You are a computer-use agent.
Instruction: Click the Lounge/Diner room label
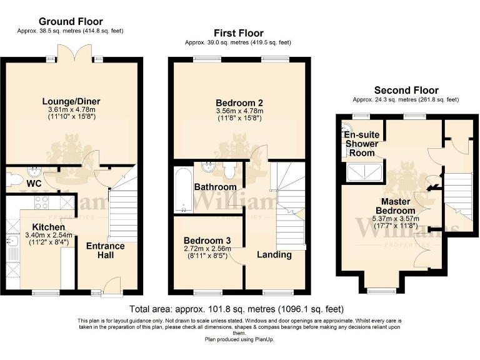(x=71, y=101)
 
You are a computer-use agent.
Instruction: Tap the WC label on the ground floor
(x=32, y=184)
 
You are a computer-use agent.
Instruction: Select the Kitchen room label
(x=49, y=227)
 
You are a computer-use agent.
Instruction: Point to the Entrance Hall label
(x=105, y=251)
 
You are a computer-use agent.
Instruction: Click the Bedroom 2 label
(x=239, y=102)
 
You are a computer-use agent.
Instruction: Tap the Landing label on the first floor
(x=274, y=254)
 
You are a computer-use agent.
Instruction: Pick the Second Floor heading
(x=406, y=90)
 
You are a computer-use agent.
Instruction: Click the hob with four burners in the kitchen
(x=42, y=202)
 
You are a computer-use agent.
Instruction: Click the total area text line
(x=236, y=309)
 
